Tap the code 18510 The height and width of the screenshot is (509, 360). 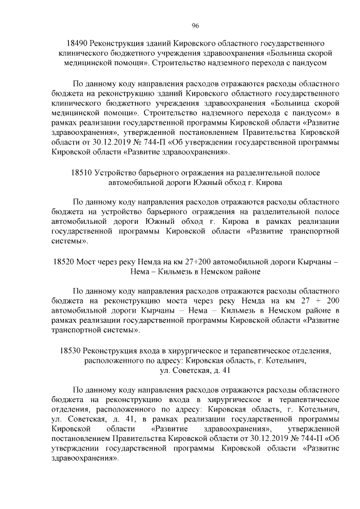coord(83,173)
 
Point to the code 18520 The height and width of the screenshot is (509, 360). coord(64,262)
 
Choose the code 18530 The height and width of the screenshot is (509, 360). coord(71,350)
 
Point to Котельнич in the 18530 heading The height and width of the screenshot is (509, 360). coord(289,361)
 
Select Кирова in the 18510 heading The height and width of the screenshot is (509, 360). coord(269,182)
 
